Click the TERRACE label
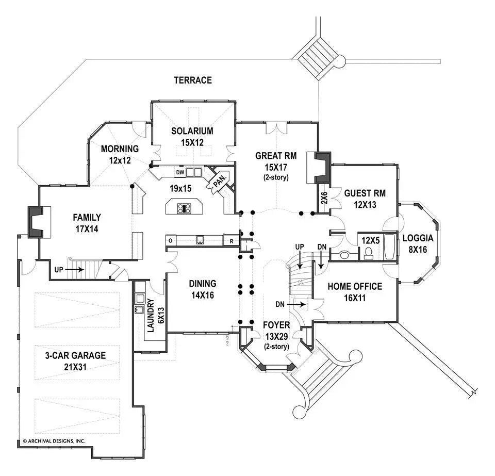pos(193,80)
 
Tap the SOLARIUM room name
pos(192,131)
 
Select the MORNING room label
pos(120,149)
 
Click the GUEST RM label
pos(365,193)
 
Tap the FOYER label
pos(276,325)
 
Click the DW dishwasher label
pos(180,172)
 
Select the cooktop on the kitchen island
pos(185,208)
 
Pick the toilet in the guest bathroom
pos(368,252)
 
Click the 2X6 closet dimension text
pos(324,199)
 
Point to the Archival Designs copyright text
pos(54,441)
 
